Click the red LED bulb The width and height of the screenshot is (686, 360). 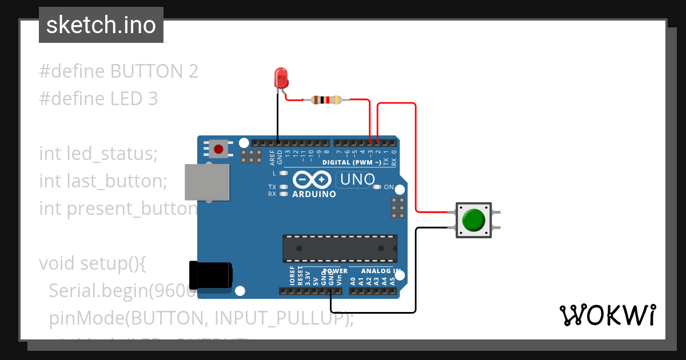pos(281,77)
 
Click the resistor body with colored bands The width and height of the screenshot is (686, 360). pos(326,100)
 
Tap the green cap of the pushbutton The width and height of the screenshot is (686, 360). pos(473,220)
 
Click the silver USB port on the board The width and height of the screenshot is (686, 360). pos(207,182)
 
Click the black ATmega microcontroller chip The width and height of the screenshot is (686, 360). pos(340,248)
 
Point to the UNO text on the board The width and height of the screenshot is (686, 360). pos(357,180)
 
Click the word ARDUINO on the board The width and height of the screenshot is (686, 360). pos(314,194)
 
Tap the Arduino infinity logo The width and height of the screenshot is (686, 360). pos(312,180)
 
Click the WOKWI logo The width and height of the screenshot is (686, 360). pos(607,315)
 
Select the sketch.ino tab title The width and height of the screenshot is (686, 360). pos(101,25)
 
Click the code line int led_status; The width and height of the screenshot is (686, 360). pos(98,154)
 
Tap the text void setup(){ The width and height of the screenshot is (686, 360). pos(93,263)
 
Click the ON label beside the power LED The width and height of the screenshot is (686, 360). pos(389,187)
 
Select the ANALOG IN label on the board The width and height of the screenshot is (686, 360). pos(381,270)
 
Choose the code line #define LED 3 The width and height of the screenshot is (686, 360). pos(98,99)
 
